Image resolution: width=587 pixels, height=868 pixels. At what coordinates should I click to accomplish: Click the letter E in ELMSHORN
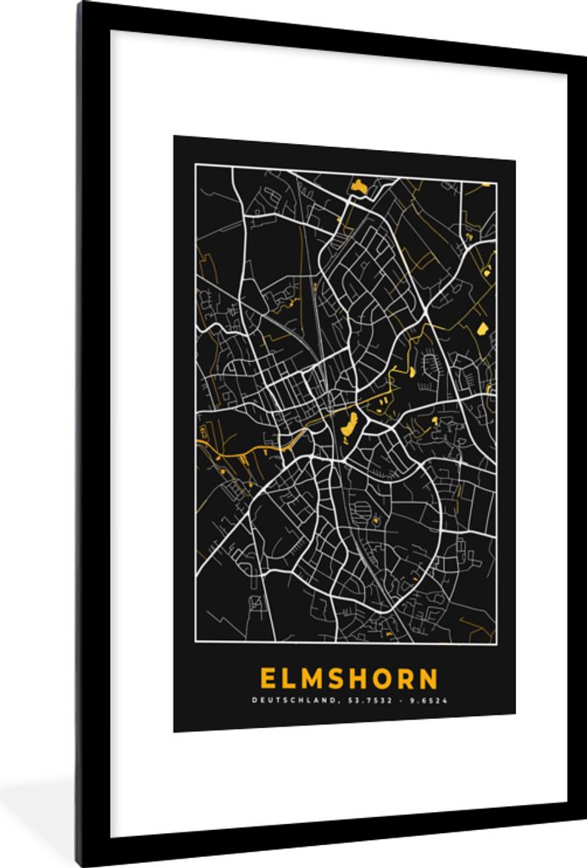pos(268,679)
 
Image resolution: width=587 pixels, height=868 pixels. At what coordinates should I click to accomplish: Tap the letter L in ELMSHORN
pos(291,679)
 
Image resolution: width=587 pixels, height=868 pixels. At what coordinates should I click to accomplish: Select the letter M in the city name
pos(316,679)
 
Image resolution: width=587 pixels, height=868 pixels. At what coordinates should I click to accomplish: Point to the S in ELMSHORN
pos(341,679)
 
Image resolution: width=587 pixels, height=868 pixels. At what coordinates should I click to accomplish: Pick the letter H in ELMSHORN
pos(364,679)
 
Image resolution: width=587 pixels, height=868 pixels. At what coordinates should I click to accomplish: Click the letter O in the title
pos(389,679)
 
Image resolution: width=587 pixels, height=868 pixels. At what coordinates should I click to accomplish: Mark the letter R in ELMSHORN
pos(413,679)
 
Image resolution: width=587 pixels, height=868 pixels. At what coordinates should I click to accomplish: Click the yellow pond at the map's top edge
pos(359,185)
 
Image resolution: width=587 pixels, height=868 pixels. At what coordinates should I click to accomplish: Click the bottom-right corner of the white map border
pos(496,643)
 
